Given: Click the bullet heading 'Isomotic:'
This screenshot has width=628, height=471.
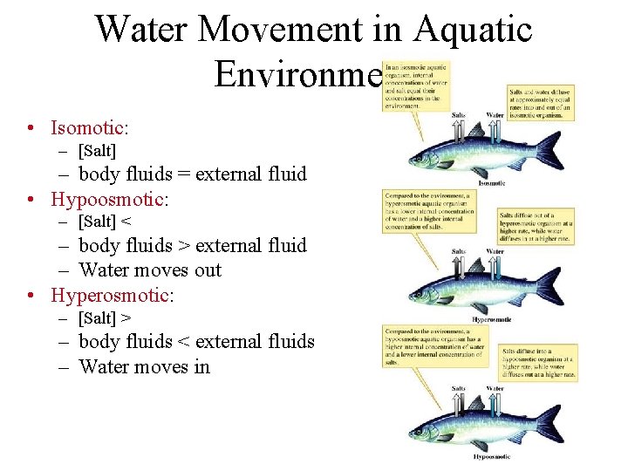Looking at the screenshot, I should (x=90, y=127).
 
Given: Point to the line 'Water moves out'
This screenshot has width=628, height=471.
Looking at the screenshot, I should (x=150, y=270).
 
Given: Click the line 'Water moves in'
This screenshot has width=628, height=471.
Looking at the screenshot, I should (x=144, y=365).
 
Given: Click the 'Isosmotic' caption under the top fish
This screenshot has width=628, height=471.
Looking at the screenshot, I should (x=492, y=183).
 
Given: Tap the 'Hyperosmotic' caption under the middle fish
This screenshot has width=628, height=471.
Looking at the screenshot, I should (x=491, y=319).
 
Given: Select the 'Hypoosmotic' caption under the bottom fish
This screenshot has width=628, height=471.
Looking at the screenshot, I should (x=491, y=455).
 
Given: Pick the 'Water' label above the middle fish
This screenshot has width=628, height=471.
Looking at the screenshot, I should (x=495, y=251).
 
